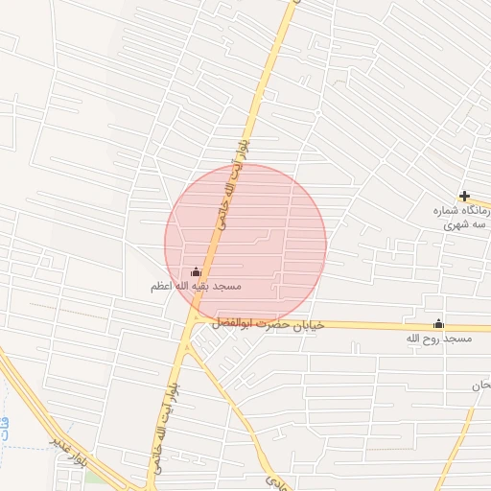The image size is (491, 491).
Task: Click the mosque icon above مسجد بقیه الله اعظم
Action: (197, 272)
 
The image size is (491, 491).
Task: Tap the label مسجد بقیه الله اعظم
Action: (196, 287)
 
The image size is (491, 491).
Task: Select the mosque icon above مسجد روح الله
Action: (439, 324)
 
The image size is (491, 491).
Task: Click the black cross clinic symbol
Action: (464, 196)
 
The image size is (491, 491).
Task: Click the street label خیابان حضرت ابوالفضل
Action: (272, 325)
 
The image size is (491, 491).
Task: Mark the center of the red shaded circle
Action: (245, 245)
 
